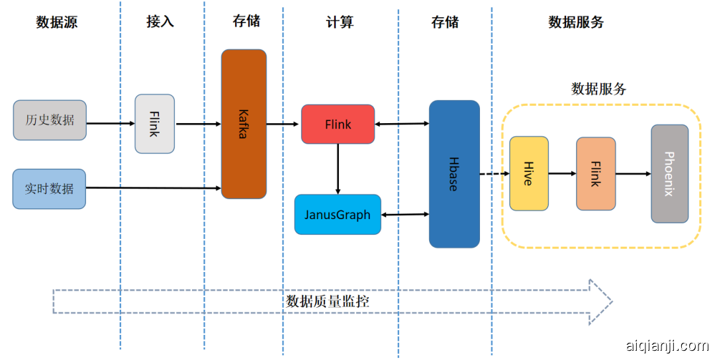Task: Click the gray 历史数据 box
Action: coord(50,120)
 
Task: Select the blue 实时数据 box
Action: coord(50,189)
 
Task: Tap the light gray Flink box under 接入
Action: coord(155,124)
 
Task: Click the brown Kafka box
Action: coord(244,124)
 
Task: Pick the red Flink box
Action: coord(338,124)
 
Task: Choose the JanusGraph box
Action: coord(338,214)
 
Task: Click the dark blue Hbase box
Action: coord(454,174)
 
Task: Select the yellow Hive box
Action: coord(529,173)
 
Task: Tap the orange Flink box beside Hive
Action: coord(596,174)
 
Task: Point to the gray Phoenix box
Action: coord(669,173)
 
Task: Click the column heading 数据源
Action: coord(56,22)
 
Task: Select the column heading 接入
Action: coord(160,22)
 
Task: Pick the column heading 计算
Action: coord(340,22)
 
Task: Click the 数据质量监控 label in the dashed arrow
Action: coord(328,302)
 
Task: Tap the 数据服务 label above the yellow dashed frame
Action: coord(598,89)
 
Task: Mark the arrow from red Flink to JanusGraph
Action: coord(338,169)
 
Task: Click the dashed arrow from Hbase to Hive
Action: coord(495,174)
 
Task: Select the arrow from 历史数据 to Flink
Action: coord(111,123)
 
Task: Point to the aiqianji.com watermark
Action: coord(667,345)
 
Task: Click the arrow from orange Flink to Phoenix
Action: coord(633,174)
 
